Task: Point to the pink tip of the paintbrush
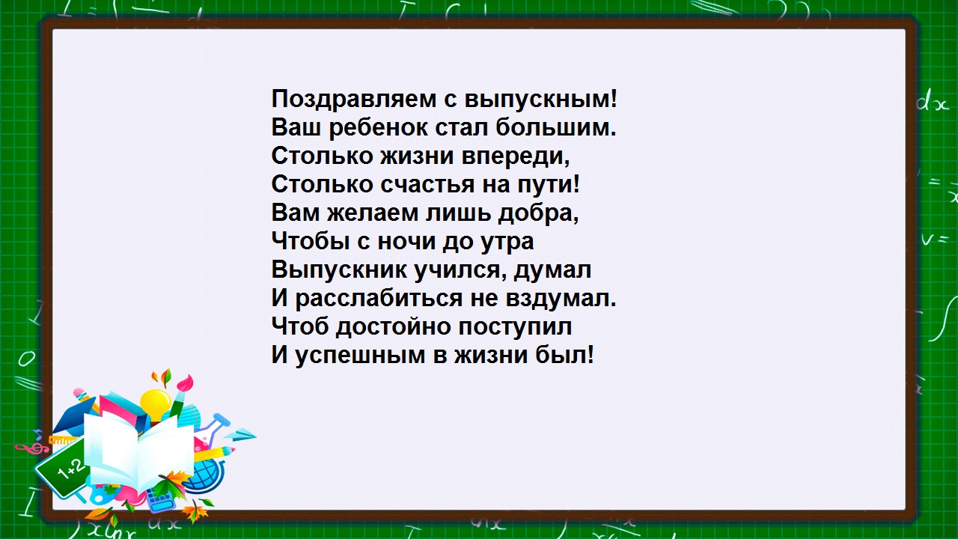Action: (186, 383)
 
